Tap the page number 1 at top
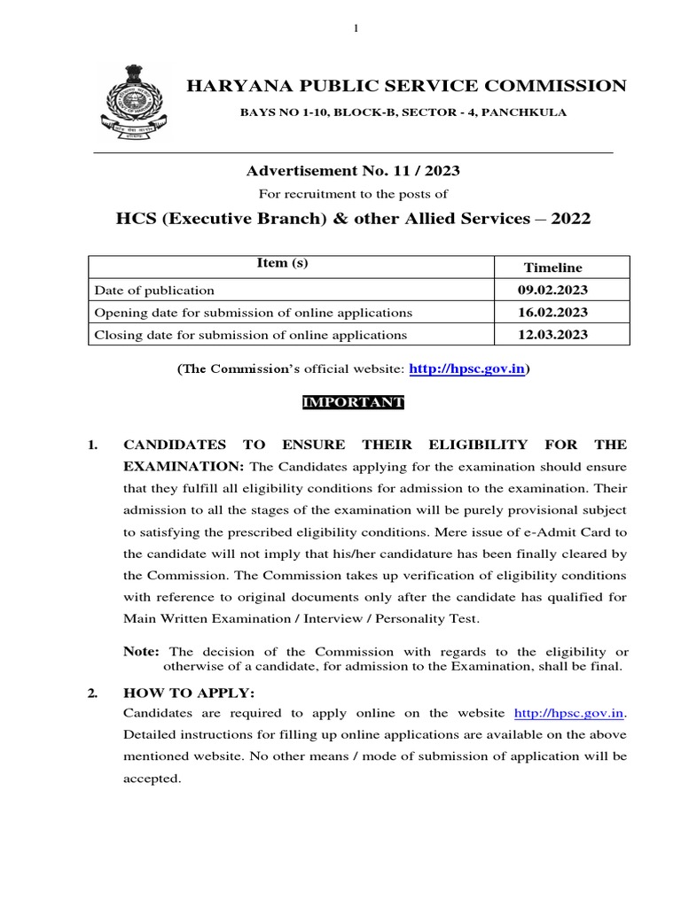click(356, 29)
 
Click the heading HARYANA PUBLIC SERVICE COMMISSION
click(405, 86)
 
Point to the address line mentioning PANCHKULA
click(404, 112)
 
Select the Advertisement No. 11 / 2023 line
click(353, 170)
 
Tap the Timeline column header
click(552, 267)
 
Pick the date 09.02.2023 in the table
click(552, 290)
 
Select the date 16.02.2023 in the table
click(552, 313)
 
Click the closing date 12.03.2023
click(552, 335)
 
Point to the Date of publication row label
click(154, 290)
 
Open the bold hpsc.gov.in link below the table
click(466, 368)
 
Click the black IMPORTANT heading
click(353, 402)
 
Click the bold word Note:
click(141, 651)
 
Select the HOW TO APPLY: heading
click(182, 694)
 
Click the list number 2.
click(92, 694)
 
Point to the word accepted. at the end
click(152, 779)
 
